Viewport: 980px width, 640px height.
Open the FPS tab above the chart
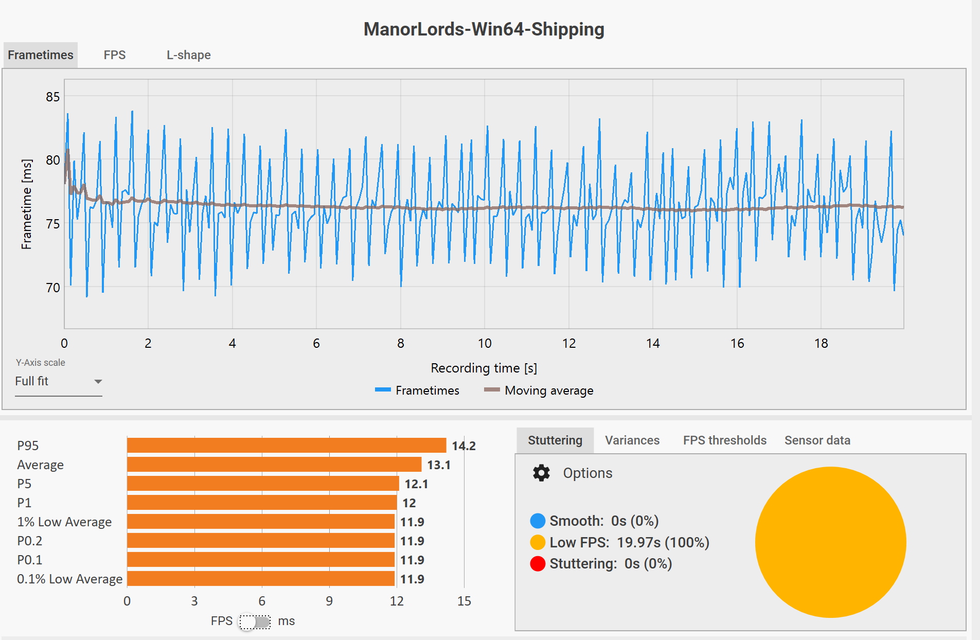(x=114, y=55)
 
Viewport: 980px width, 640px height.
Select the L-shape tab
(x=188, y=55)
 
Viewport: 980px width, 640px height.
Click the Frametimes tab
(x=41, y=55)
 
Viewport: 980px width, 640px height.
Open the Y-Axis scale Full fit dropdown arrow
(x=98, y=382)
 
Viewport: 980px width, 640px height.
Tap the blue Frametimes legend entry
(x=417, y=390)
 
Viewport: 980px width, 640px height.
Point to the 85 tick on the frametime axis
(x=52, y=97)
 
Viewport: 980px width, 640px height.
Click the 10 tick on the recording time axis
(x=485, y=343)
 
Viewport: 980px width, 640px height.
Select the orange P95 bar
(x=287, y=446)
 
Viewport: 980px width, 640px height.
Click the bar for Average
(x=274, y=465)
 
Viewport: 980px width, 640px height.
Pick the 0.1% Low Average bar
(x=261, y=579)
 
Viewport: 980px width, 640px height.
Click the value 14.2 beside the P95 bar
(x=464, y=446)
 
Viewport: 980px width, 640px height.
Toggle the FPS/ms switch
(x=255, y=621)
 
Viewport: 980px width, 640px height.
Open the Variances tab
(x=632, y=440)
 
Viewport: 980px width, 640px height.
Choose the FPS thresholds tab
(x=724, y=440)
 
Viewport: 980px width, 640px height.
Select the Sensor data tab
(x=817, y=440)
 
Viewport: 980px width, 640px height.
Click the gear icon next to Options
(x=541, y=473)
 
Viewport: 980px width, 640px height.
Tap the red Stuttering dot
(x=538, y=564)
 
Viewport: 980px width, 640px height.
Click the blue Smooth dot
(x=538, y=521)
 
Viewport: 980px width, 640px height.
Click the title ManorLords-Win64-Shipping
(x=484, y=29)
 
